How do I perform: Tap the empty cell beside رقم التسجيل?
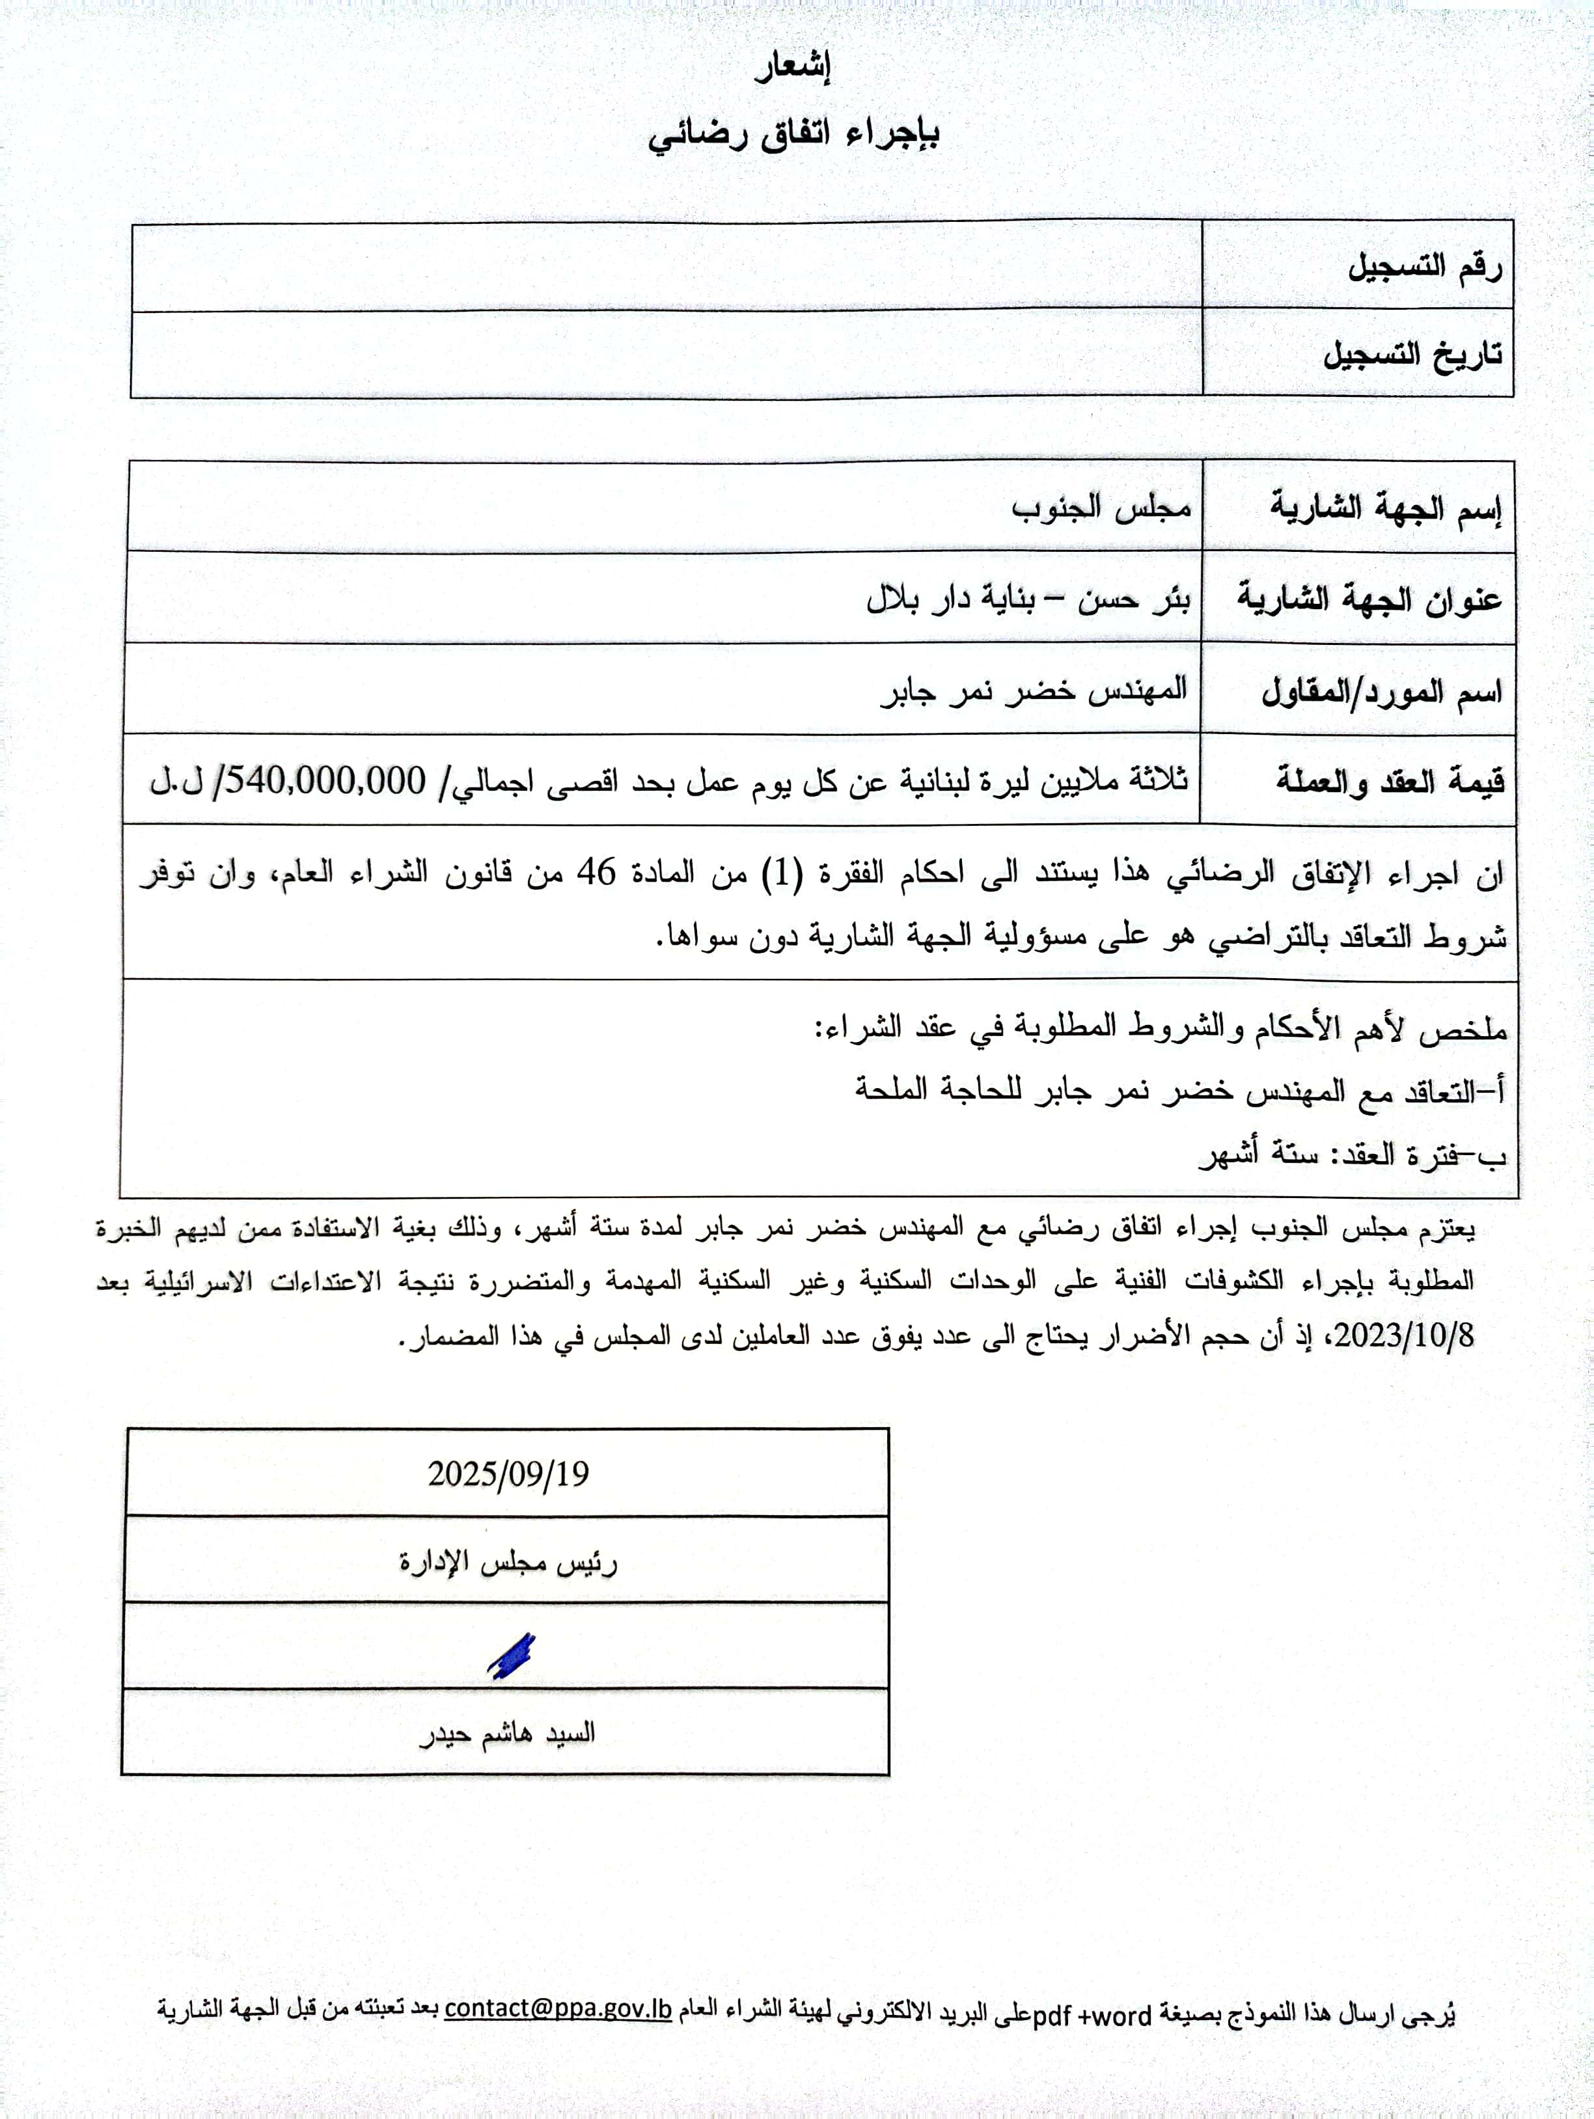[666, 266]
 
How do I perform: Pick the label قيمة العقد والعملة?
[1389, 782]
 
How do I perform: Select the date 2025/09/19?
[508, 1473]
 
